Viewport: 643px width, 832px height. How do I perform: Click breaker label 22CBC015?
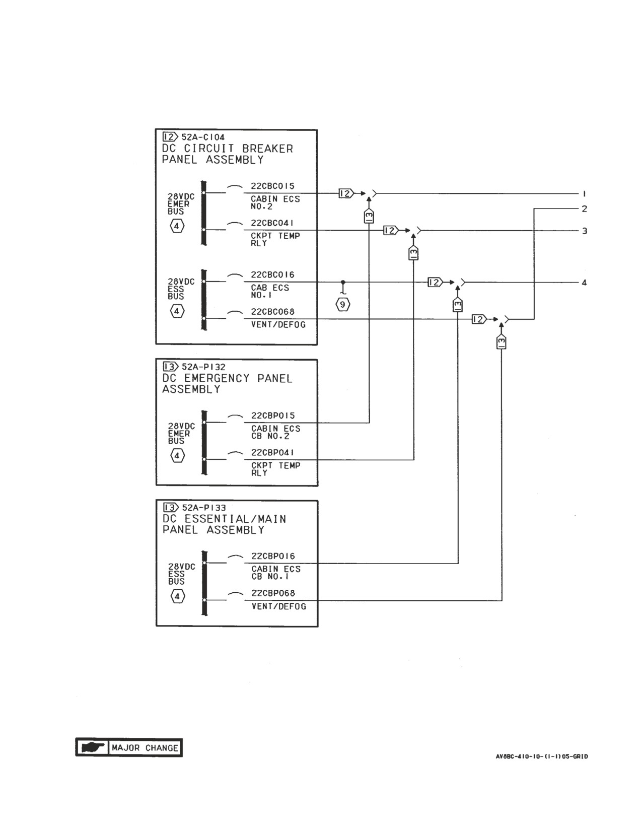coord(272,186)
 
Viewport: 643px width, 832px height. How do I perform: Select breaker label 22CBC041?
coord(272,223)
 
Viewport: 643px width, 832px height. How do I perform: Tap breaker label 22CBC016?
coord(272,275)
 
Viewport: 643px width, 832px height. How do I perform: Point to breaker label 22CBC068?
coord(272,312)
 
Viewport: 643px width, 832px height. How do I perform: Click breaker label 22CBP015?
coord(273,415)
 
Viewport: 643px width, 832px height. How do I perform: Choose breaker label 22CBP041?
coord(273,453)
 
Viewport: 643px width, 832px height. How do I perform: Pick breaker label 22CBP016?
coord(273,556)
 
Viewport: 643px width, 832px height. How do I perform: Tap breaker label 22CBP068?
coord(273,593)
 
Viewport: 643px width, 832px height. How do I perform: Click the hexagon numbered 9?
coord(342,305)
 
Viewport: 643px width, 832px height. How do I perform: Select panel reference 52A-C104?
coord(203,137)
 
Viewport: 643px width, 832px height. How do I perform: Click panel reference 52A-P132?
coord(203,367)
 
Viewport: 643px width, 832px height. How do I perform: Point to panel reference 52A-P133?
coord(203,508)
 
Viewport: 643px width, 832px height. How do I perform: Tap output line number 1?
coord(584,194)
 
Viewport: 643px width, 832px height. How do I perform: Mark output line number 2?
coord(584,209)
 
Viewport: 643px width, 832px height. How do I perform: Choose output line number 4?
coord(584,283)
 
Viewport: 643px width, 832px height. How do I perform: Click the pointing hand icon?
coord(93,747)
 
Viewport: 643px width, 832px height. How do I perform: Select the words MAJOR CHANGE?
coord(145,748)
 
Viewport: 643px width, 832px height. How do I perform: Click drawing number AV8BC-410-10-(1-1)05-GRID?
coord(542,756)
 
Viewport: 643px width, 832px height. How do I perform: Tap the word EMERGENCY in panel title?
coord(217,378)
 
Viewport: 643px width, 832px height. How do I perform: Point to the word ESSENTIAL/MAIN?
coord(235,519)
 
